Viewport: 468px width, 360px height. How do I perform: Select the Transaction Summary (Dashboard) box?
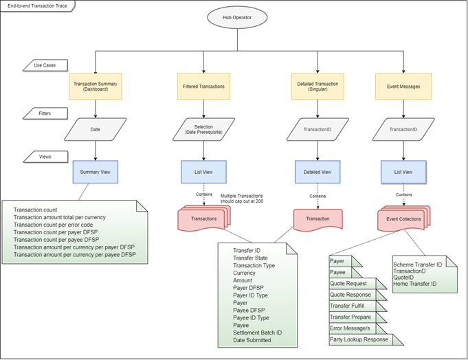pos(96,87)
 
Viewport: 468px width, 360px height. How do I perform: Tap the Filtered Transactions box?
pos(204,87)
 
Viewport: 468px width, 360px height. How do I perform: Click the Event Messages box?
pos(403,87)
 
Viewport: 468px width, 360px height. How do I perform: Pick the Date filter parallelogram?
pos(96,129)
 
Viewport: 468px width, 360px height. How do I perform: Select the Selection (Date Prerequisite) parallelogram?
pos(204,129)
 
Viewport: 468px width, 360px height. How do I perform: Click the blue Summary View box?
pos(96,172)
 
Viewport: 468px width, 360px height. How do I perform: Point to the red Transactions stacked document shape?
pos(203,218)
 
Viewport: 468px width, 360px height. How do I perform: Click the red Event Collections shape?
pos(403,218)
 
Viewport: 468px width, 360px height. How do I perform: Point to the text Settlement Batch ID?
pos(258,333)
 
